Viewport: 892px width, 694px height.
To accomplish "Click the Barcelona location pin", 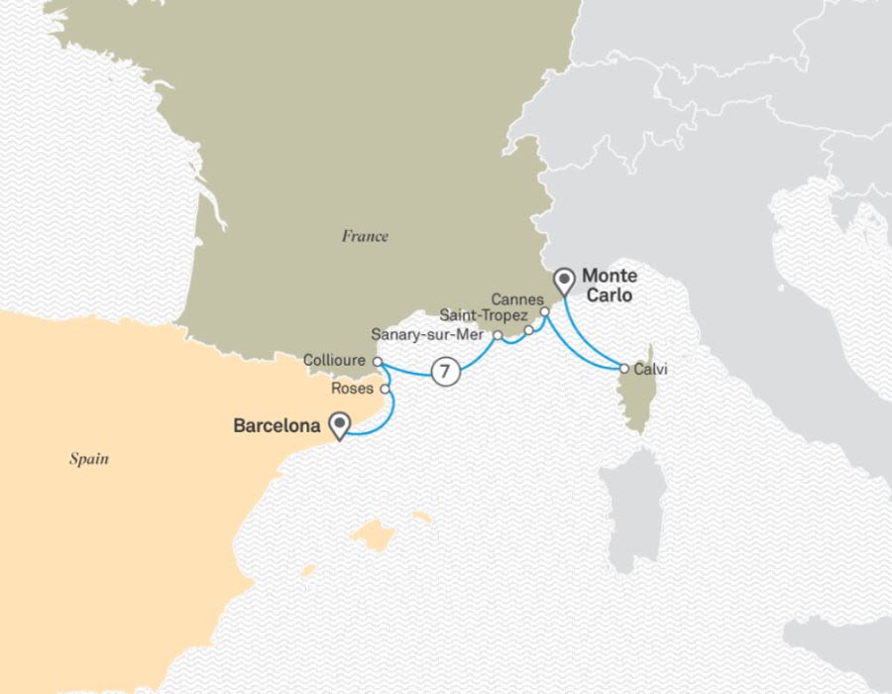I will pyautogui.click(x=342, y=425).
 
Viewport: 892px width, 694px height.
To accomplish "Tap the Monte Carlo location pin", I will pyautogui.click(x=565, y=282).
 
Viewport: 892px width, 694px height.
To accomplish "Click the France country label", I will pyautogui.click(x=365, y=236).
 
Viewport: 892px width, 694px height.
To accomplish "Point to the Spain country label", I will pyautogui.click(x=88, y=459).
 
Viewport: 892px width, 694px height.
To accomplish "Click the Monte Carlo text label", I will pyautogui.click(x=609, y=286).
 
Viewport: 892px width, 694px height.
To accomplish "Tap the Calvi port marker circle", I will pyautogui.click(x=623, y=369).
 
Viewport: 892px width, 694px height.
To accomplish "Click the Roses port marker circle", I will pyautogui.click(x=385, y=389).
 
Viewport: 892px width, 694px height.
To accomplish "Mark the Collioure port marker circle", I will pyautogui.click(x=378, y=361).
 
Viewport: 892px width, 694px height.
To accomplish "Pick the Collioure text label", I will pyautogui.click(x=336, y=361).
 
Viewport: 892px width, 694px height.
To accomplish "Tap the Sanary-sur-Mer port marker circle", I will pyautogui.click(x=497, y=335).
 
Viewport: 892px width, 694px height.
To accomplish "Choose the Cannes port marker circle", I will pyautogui.click(x=544, y=311).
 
